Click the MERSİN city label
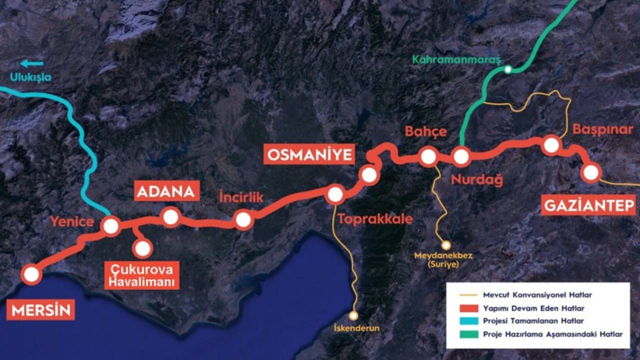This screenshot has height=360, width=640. click(x=41, y=310)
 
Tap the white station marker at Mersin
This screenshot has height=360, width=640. click(x=31, y=274)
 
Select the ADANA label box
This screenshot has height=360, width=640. click(x=167, y=191)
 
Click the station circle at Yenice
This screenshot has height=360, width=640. click(x=110, y=226)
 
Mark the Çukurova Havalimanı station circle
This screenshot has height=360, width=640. click(x=143, y=248)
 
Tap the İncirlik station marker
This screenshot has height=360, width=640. click(x=243, y=219)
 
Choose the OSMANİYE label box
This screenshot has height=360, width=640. click(x=309, y=154)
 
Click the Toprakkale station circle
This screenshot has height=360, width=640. click(x=334, y=194)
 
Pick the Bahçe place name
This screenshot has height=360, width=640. click(x=425, y=132)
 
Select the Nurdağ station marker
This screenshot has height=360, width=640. click(x=461, y=156)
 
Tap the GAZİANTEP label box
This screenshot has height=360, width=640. click(x=588, y=205)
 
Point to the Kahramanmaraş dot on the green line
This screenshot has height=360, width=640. click(x=508, y=70)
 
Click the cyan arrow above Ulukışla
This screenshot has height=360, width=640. click(x=32, y=63)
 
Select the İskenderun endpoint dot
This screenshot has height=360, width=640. click(x=353, y=316)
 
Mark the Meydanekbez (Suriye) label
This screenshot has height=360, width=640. click(x=443, y=260)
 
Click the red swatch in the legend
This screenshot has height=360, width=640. click(x=469, y=308)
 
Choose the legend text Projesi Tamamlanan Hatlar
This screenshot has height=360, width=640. click(x=533, y=321)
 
